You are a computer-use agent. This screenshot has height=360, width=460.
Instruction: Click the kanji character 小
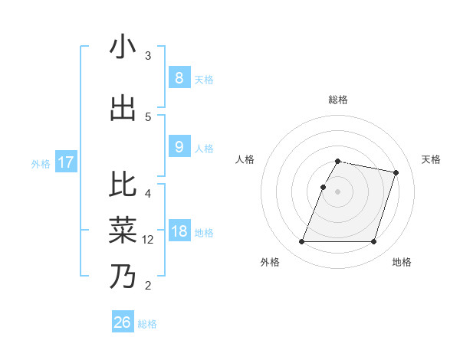(123, 47)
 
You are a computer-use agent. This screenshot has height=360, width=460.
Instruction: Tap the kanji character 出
(123, 109)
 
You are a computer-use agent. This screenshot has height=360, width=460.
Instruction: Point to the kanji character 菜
(123, 230)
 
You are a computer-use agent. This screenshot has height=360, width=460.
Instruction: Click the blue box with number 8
(179, 77)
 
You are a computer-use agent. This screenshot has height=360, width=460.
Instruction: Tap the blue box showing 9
(179, 147)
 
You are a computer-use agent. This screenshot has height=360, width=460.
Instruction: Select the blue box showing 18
(179, 231)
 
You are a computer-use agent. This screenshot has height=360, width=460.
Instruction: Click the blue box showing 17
(65, 162)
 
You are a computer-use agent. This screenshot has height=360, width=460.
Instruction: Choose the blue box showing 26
(123, 322)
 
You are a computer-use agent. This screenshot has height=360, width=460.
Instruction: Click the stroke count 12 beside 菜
(148, 240)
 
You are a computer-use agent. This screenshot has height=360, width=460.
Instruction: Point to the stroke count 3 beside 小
(148, 56)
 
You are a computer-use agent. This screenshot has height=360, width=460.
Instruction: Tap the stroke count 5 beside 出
(148, 117)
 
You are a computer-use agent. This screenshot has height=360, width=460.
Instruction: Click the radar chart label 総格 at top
(338, 100)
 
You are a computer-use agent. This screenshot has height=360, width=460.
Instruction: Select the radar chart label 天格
(431, 159)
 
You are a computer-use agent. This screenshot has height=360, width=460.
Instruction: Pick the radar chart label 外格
(270, 262)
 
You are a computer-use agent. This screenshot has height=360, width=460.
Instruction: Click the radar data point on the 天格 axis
(396, 172)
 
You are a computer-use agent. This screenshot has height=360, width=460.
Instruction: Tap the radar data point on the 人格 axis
(324, 187)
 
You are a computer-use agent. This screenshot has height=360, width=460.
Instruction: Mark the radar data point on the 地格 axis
(374, 242)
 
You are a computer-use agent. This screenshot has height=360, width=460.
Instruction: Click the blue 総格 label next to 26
(147, 324)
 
